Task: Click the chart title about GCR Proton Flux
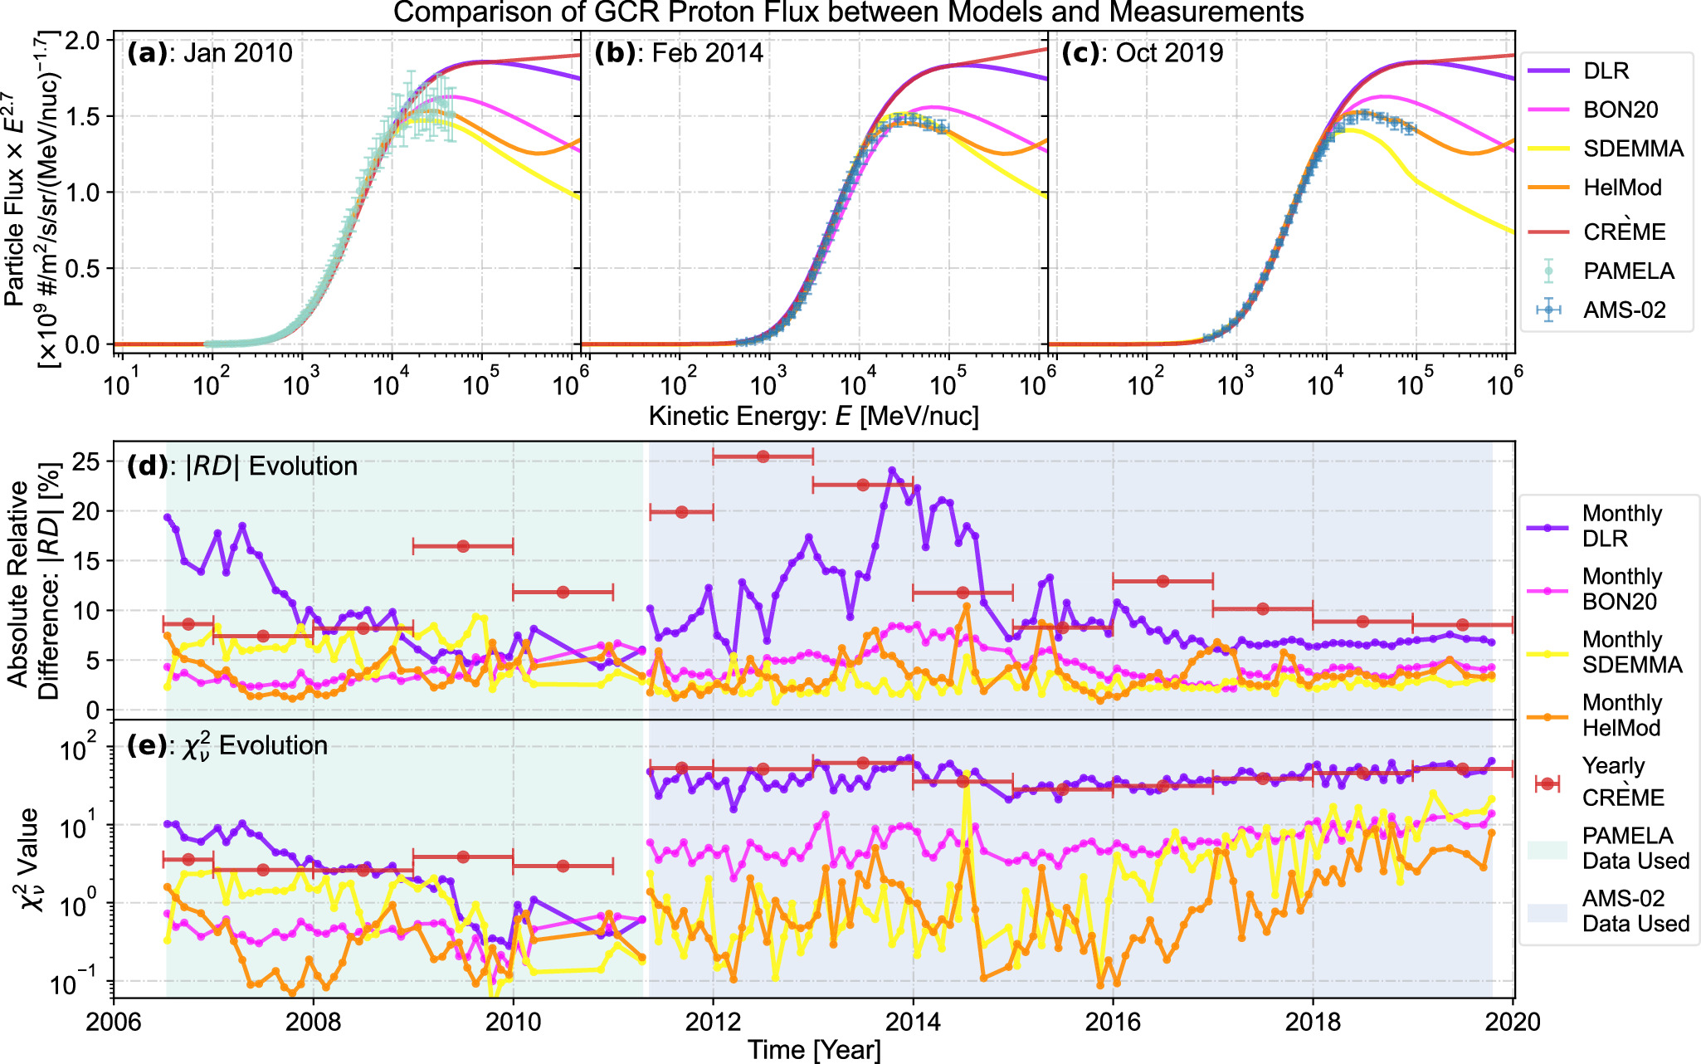point(848,12)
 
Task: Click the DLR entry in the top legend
point(1605,71)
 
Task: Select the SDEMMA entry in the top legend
point(1632,149)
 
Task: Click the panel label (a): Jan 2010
point(210,53)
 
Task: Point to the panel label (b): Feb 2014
point(679,53)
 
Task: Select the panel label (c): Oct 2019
point(1143,53)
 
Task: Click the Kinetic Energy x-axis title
point(813,416)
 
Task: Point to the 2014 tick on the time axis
point(913,1022)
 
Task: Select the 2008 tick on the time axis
point(313,1022)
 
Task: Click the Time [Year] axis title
point(813,1050)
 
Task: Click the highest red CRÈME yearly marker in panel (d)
point(763,456)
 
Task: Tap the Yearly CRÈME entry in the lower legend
point(1622,782)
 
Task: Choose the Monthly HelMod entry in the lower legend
point(1621,715)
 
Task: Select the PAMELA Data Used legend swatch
point(1547,849)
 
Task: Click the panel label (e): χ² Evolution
point(227,745)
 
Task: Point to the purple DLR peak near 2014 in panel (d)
point(892,471)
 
